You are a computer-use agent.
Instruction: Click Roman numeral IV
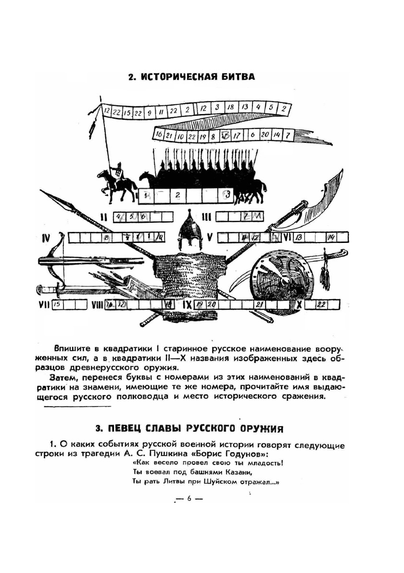[47, 238]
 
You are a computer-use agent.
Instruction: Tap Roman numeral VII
[44, 305]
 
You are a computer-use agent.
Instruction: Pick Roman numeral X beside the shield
[299, 305]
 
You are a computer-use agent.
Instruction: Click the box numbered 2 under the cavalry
[177, 195]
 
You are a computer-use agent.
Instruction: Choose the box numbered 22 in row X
[321, 305]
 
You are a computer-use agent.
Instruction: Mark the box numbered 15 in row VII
[57, 305]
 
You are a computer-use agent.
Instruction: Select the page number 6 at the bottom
[189, 498]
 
